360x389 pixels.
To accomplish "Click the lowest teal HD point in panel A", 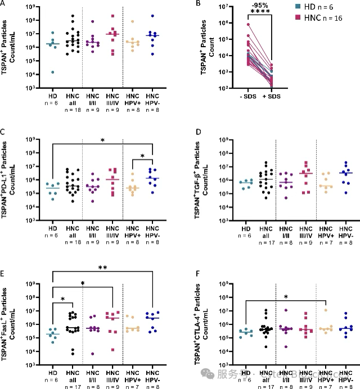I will coord(52,71).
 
